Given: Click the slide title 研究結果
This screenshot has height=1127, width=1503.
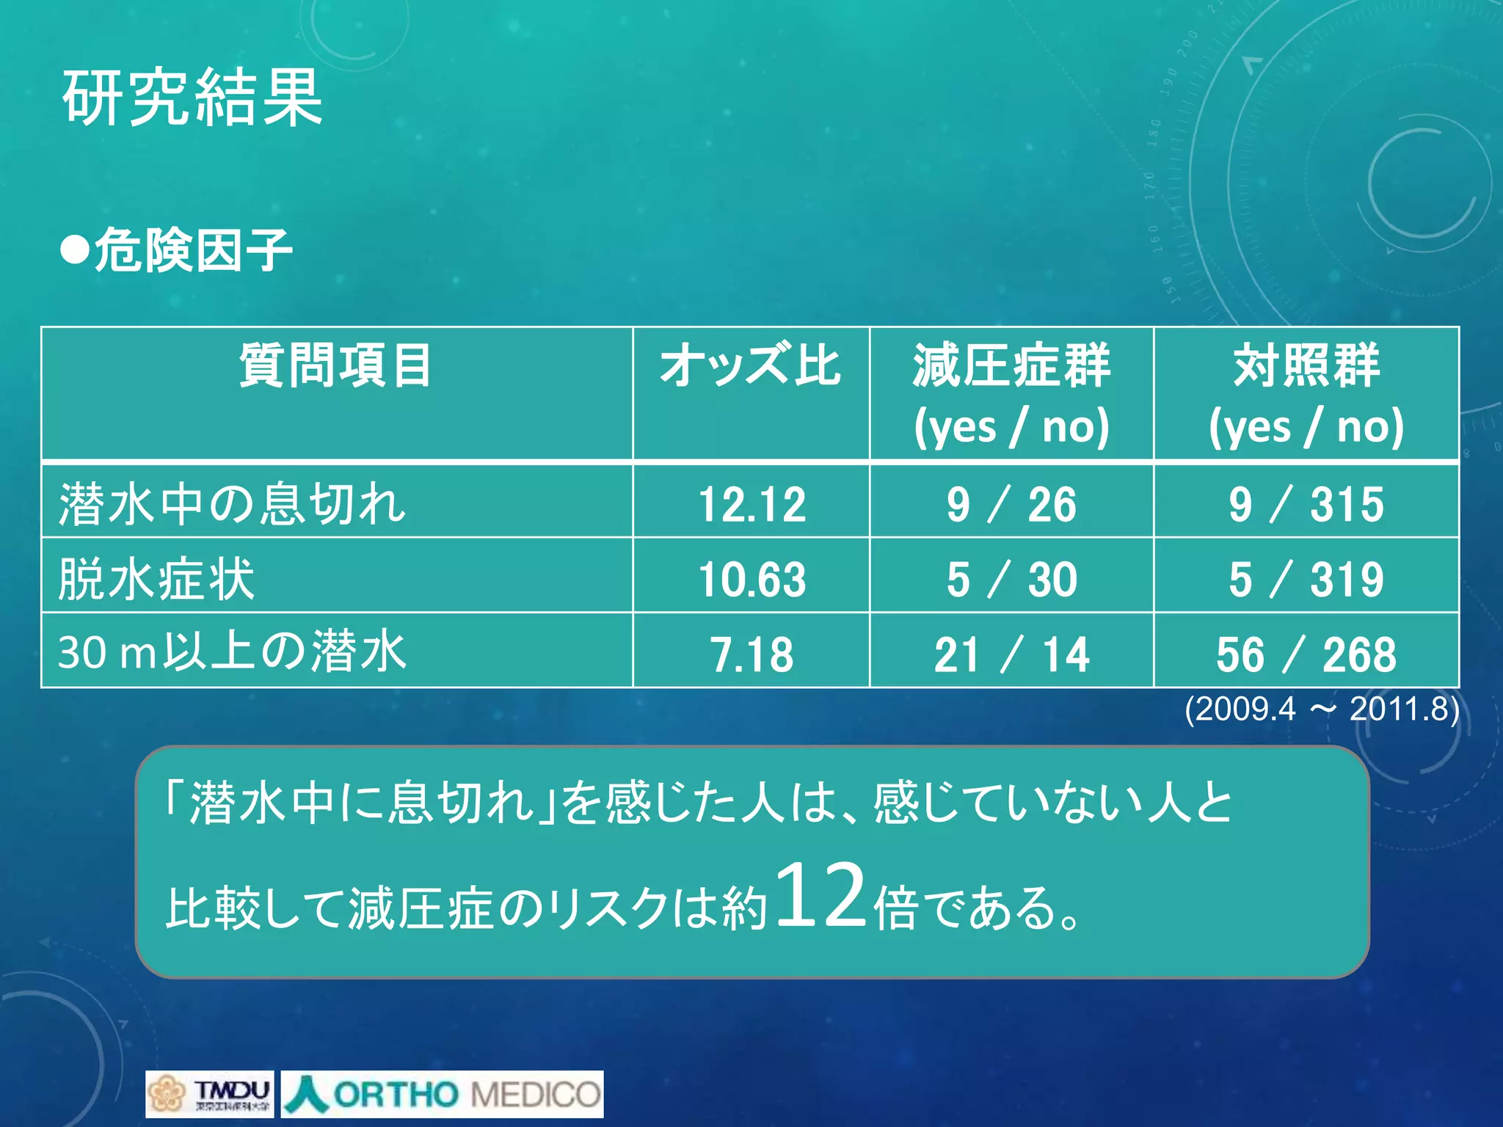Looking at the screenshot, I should pos(192,97).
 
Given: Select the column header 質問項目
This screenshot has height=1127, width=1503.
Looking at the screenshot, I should pos(335,365).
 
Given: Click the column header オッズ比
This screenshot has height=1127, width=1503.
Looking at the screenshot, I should pos(750,365).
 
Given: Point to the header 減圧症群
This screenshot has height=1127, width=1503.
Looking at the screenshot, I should pos(1011,365).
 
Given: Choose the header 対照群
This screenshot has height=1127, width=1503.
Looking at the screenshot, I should pos(1306,365).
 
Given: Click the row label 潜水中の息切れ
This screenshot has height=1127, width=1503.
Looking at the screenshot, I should pos(232,504).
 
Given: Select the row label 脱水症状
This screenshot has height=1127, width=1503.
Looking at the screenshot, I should pos(156,579).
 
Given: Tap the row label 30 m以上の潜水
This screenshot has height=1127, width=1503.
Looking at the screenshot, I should pos(232,652).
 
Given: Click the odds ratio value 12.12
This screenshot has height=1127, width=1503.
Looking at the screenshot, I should pos(751,505).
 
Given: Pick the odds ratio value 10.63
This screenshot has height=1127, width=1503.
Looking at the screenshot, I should pos(751,580).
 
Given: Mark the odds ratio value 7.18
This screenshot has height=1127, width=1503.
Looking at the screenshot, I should pos(751,654).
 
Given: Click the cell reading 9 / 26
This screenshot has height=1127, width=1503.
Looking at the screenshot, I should pos(1011,505).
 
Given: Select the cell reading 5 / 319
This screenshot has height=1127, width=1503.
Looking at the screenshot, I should pos(1306,580).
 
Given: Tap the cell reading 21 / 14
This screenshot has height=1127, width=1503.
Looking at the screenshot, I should pos(1011,654).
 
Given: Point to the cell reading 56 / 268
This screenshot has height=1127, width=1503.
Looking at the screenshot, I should pos(1306,654).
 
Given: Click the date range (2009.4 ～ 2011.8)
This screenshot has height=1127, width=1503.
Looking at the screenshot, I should pos(1321,709).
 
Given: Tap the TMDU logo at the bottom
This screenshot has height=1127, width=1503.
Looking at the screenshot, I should pos(210,1094).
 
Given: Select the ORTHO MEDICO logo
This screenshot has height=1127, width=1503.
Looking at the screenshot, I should pos(443,1094).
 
